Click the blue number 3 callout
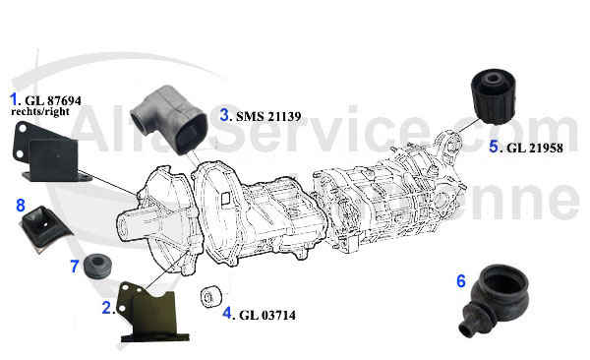[x=225, y=114]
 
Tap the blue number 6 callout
[x=461, y=280]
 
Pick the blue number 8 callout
[x=20, y=206]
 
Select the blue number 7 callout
[x=74, y=267]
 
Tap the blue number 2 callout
[x=106, y=308]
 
